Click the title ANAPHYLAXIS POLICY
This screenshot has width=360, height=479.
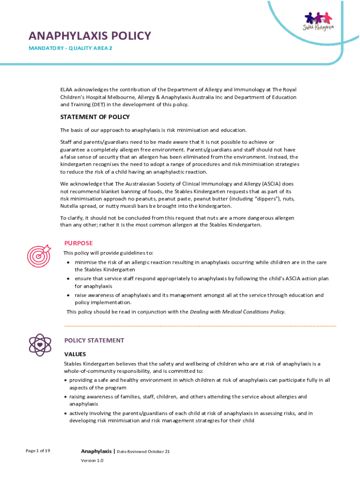(x=90, y=36)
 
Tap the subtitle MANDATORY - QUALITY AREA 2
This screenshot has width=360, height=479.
(x=70, y=48)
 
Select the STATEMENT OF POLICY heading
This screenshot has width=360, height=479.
(x=95, y=117)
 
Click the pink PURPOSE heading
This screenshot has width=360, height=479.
(x=79, y=243)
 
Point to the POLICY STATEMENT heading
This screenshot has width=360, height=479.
(x=94, y=341)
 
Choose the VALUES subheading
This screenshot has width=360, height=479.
(x=75, y=354)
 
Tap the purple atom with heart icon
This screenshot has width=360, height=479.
(x=40, y=344)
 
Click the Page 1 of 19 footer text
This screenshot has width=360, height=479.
(x=38, y=450)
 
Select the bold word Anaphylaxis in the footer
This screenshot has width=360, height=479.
(x=97, y=451)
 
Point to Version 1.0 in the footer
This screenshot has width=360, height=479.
(x=92, y=460)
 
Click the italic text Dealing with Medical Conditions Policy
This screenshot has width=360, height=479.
(x=237, y=312)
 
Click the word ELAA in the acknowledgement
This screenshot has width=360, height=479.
(x=66, y=90)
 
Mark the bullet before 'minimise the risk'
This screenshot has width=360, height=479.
(x=69, y=262)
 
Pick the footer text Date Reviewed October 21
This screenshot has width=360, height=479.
(x=143, y=451)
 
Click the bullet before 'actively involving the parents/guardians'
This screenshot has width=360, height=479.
(x=65, y=414)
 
